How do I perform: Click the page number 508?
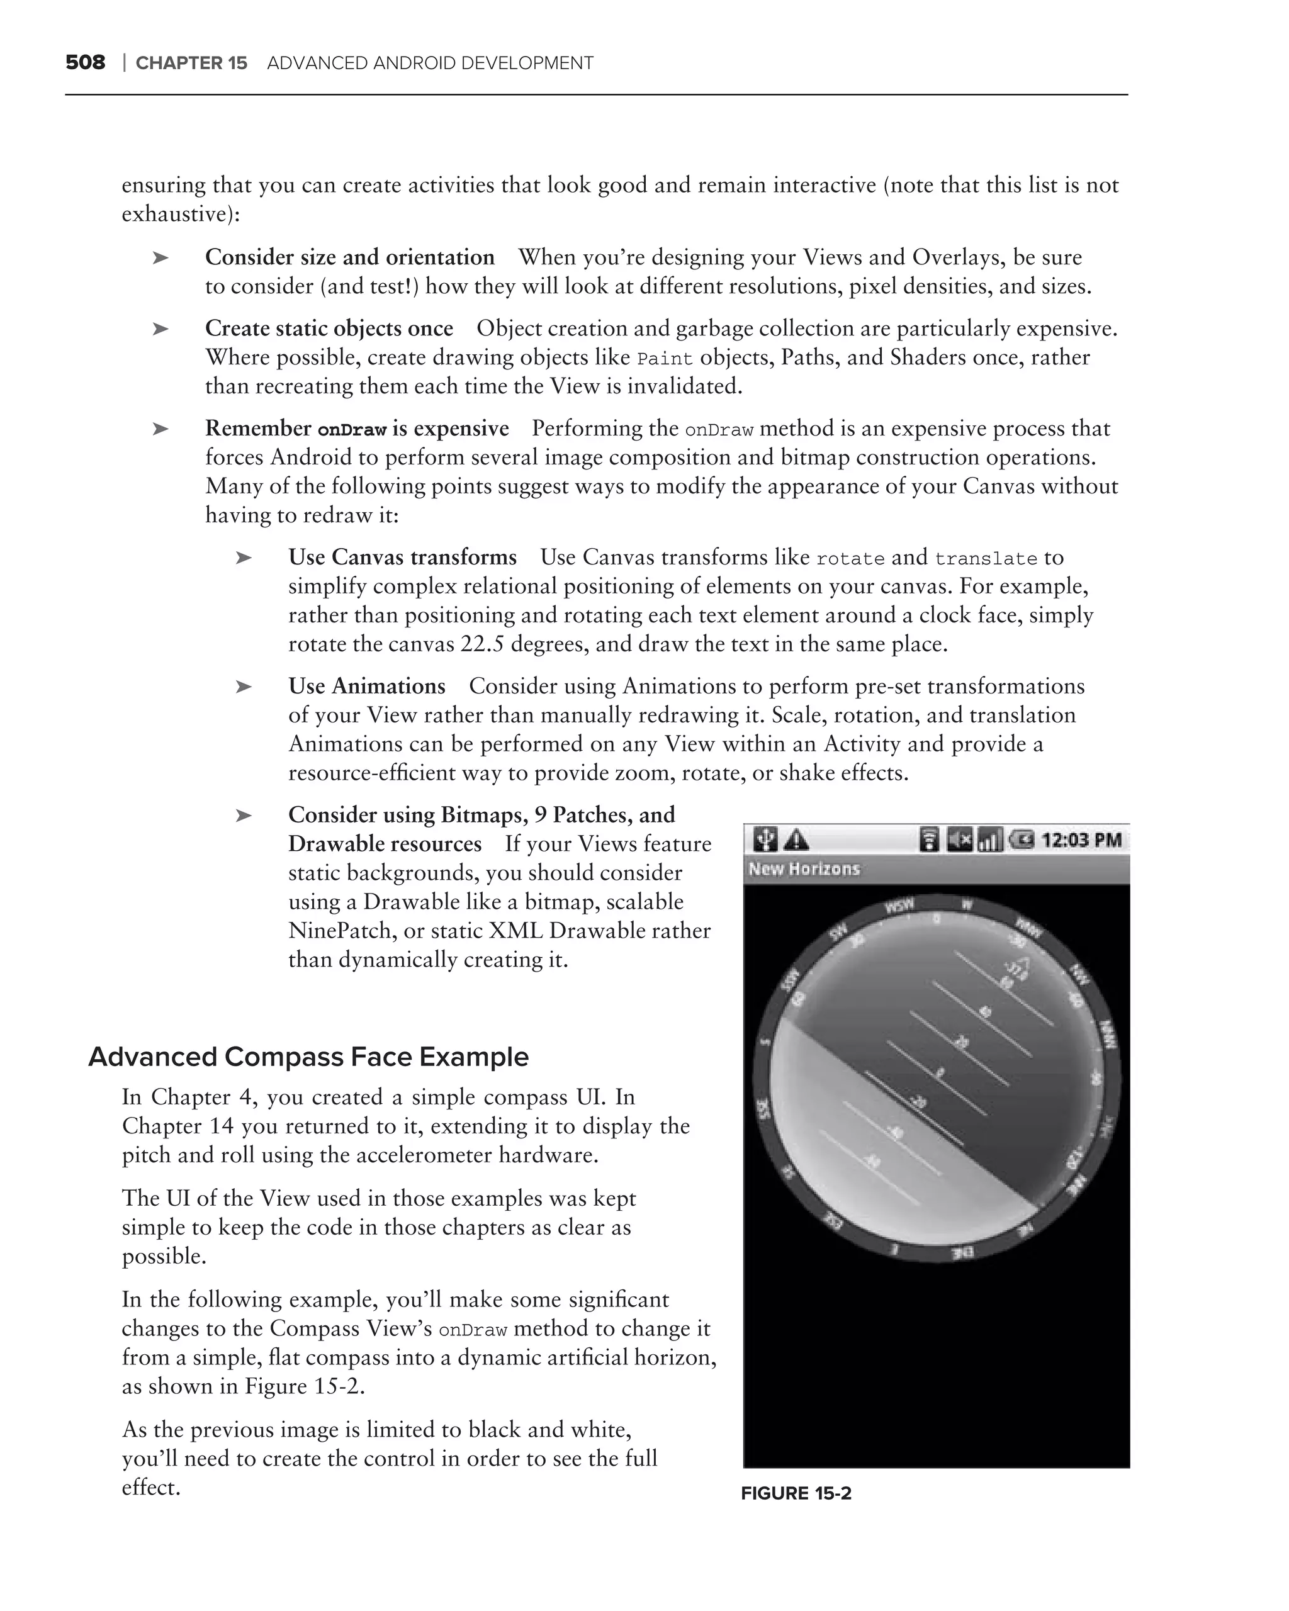tap(85, 63)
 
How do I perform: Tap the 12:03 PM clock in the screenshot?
tap(1081, 840)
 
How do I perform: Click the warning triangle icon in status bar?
tap(797, 841)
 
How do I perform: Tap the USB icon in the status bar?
tap(765, 841)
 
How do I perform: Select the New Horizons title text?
tap(804, 868)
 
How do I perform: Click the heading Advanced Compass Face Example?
tap(308, 1057)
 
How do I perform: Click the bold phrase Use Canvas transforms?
tap(402, 558)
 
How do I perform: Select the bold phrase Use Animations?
tap(366, 686)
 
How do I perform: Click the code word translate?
tap(986, 559)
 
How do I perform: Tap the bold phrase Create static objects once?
tap(329, 328)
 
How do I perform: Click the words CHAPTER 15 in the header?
tap(191, 64)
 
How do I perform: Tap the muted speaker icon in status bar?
tap(959, 841)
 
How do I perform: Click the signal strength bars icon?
tap(989, 841)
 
